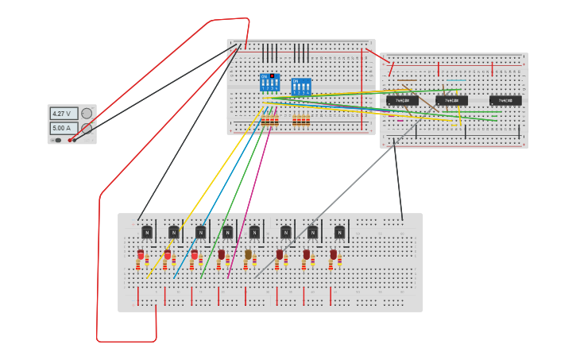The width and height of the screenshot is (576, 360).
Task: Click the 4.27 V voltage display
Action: tap(64, 114)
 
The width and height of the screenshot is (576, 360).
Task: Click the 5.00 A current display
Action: tap(64, 128)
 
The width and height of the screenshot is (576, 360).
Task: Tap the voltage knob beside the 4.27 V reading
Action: tap(87, 114)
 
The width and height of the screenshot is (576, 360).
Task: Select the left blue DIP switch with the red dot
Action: tap(269, 82)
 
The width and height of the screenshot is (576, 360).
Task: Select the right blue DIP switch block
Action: tap(301, 87)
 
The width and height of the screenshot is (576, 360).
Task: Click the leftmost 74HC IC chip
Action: tap(403, 101)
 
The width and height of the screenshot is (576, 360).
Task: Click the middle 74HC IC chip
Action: tap(451, 101)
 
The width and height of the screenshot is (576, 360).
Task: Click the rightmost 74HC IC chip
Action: tap(505, 101)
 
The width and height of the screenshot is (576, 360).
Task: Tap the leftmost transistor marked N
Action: tap(147, 232)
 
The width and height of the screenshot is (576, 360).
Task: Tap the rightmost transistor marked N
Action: tap(340, 232)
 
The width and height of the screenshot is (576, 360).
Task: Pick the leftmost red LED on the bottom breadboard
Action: tap(141, 255)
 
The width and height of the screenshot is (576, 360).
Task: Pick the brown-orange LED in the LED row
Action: tap(248, 255)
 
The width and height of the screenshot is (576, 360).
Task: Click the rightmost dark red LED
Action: tap(333, 255)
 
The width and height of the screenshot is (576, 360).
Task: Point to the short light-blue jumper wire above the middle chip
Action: tap(456, 79)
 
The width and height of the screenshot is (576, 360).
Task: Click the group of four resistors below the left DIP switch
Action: tap(270, 121)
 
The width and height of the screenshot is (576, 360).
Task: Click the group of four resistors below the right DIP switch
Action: tap(301, 121)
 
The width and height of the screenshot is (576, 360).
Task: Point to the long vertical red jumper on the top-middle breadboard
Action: tap(362, 87)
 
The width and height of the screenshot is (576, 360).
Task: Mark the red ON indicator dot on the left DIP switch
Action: tap(272, 76)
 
